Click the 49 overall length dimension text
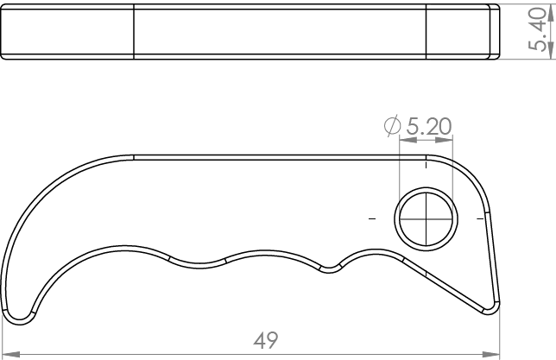click(266, 340)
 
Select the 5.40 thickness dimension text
click(536, 29)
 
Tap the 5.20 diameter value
click(429, 126)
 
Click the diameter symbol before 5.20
click(392, 126)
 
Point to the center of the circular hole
click(426, 218)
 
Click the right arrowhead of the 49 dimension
click(490, 354)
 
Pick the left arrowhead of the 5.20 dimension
click(408, 140)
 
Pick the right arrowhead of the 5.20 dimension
click(444, 140)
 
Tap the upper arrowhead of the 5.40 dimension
click(551, 13)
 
